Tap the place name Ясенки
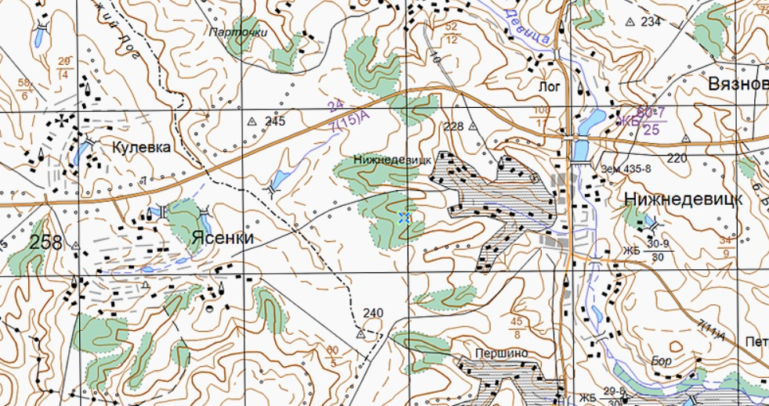[223, 238]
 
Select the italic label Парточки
[238, 33]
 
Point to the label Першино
[500, 353]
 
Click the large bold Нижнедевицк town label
[683, 199]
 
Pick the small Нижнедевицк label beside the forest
[392, 159]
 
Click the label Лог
[550, 86]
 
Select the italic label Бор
[662, 361]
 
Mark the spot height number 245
[275, 121]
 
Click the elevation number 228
[453, 126]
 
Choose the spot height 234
[650, 21]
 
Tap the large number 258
[45, 243]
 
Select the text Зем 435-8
[626, 167]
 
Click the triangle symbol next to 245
[252, 122]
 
